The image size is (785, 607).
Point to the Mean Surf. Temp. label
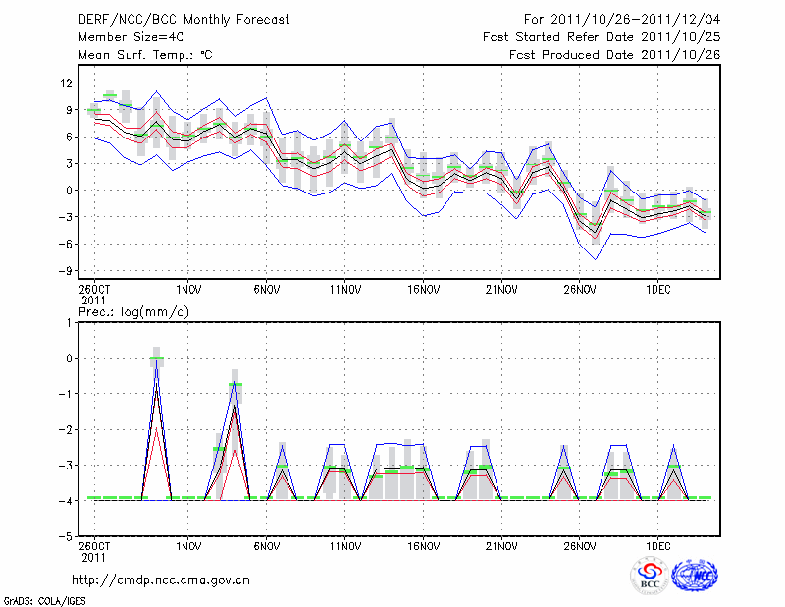pyautogui.click(x=145, y=54)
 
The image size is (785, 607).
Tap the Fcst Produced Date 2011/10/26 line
pyautogui.click(x=615, y=54)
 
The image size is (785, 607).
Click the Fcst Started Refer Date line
pyautogui.click(x=602, y=36)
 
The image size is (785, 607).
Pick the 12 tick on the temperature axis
pyautogui.click(x=67, y=83)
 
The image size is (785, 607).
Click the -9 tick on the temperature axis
pyautogui.click(x=67, y=270)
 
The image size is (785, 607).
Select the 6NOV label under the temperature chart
pyautogui.click(x=267, y=291)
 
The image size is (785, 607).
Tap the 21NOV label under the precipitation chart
pyautogui.click(x=501, y=545)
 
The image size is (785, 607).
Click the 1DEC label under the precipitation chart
pyautogui.click(x=657, y=545)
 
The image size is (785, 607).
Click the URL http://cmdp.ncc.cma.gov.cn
pyautogui.click(x=161, y=579)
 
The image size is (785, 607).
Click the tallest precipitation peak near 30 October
pyautogui.click(x=156, y=359)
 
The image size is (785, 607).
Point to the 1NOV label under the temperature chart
pyautogui.click(x=188, y=291)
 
